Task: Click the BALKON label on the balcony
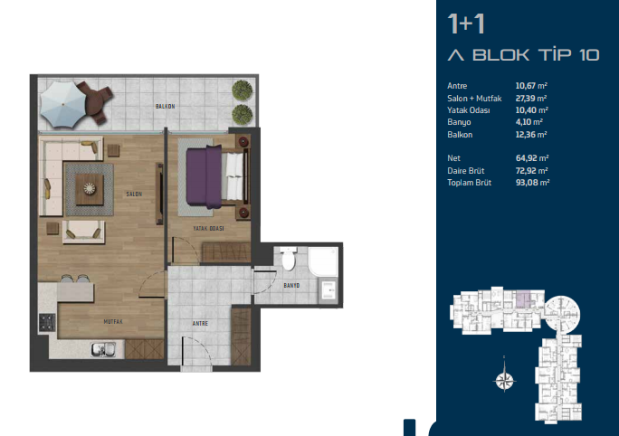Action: point(165,107)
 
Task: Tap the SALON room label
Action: point(134,194)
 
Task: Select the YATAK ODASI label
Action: point(208,229)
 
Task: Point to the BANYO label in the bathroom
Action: point(291,285)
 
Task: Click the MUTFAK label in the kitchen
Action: point(113,322)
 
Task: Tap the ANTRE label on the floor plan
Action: point(200,324)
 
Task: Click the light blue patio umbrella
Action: point(63,105)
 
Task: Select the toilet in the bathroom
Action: point(289,259)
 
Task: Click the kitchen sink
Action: point(103,349)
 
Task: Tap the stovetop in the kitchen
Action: point(47,322)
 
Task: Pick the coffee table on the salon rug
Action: point(90,189)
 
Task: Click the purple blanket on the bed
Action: point(204,176)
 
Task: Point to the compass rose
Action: point(504,380)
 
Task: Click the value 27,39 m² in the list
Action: point(531,99)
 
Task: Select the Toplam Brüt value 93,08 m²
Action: point(532,183)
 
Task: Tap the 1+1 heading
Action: point(466,24)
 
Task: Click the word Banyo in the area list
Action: point(459,122)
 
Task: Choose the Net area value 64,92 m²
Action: point(532,158)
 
